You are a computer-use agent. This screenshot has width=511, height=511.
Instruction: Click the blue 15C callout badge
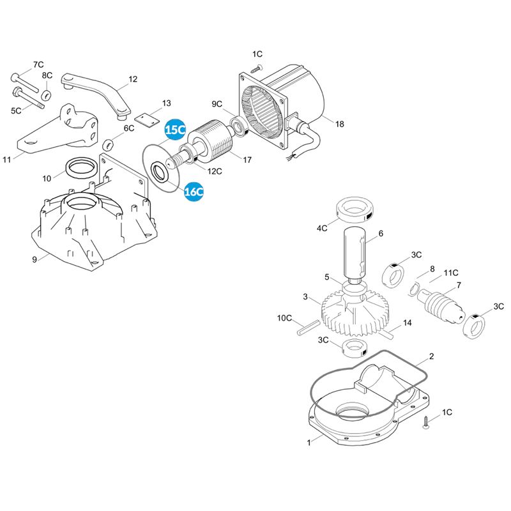[x=175, y=130]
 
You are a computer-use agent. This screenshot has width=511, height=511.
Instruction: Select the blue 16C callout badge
[x=194, y=190]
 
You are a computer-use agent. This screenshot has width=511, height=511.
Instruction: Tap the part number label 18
[x=339, y=124]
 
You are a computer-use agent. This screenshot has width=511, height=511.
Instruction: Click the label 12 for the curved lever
[x=133, y=80]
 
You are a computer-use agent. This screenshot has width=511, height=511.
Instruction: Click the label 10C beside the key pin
[x=284, y=318]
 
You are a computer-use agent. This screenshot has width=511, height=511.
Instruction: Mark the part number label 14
[x=408, y=323]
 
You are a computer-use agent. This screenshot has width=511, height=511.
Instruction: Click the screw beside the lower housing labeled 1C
[x=425, y=422]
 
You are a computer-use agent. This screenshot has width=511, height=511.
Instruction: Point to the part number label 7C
[x=38, y=65]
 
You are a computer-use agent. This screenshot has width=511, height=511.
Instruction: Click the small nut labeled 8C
[x=47, y=95]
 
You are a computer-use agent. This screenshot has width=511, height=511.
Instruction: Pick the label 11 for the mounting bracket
[x=7, y=159]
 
